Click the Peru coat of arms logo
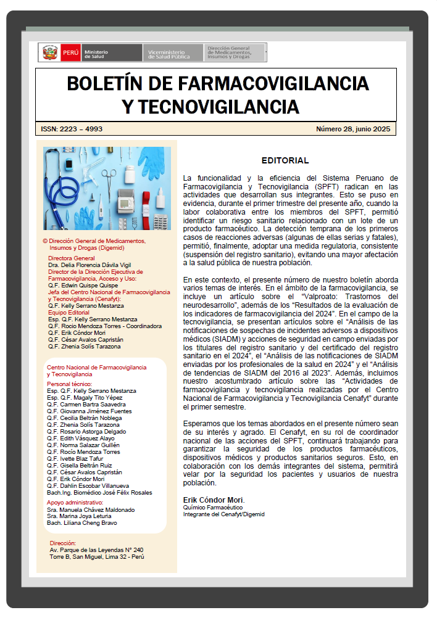pyautogui.click(x=50, y=52)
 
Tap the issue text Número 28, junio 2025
pyautogui.click(x=352, y=129)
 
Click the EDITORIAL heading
pyautogui.click(x=285, y=160)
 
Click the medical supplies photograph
pyautogui.click(x=107, y=188)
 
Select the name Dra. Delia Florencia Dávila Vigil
pyautogui.click(x=89, y=265)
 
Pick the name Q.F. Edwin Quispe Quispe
pyautogui.click(x=83, y=285)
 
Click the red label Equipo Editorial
pyautogui.click(x=69, y=312)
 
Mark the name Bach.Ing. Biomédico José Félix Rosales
pyautogui.click(x=99, y=492)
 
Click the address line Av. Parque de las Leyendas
pyautogui.click(x=96, y=550)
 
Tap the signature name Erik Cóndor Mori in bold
pyautogui.click(x=214, y=499)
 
